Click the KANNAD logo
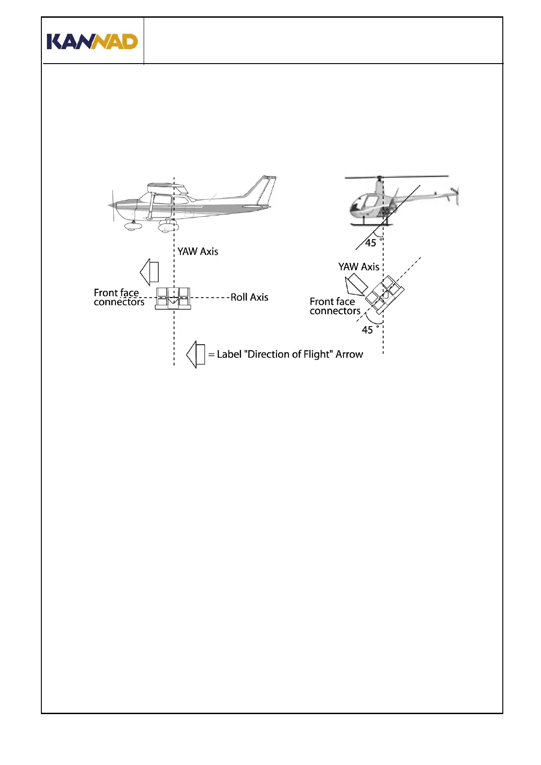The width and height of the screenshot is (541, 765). pos(92,41)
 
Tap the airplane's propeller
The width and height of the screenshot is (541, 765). pos(112,205)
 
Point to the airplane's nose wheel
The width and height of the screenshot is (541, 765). pos(132,226)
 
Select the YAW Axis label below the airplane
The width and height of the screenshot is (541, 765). pos(198,252)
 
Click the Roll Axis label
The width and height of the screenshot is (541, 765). pos(249,298)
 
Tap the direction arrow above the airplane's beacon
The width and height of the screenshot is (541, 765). pos(150,272)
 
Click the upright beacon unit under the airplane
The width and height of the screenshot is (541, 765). pos(173,298)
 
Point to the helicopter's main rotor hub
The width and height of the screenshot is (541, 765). pos(380,178)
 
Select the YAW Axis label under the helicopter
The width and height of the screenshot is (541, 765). pos(359,267)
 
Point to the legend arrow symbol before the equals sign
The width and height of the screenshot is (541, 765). pos(196,354)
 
